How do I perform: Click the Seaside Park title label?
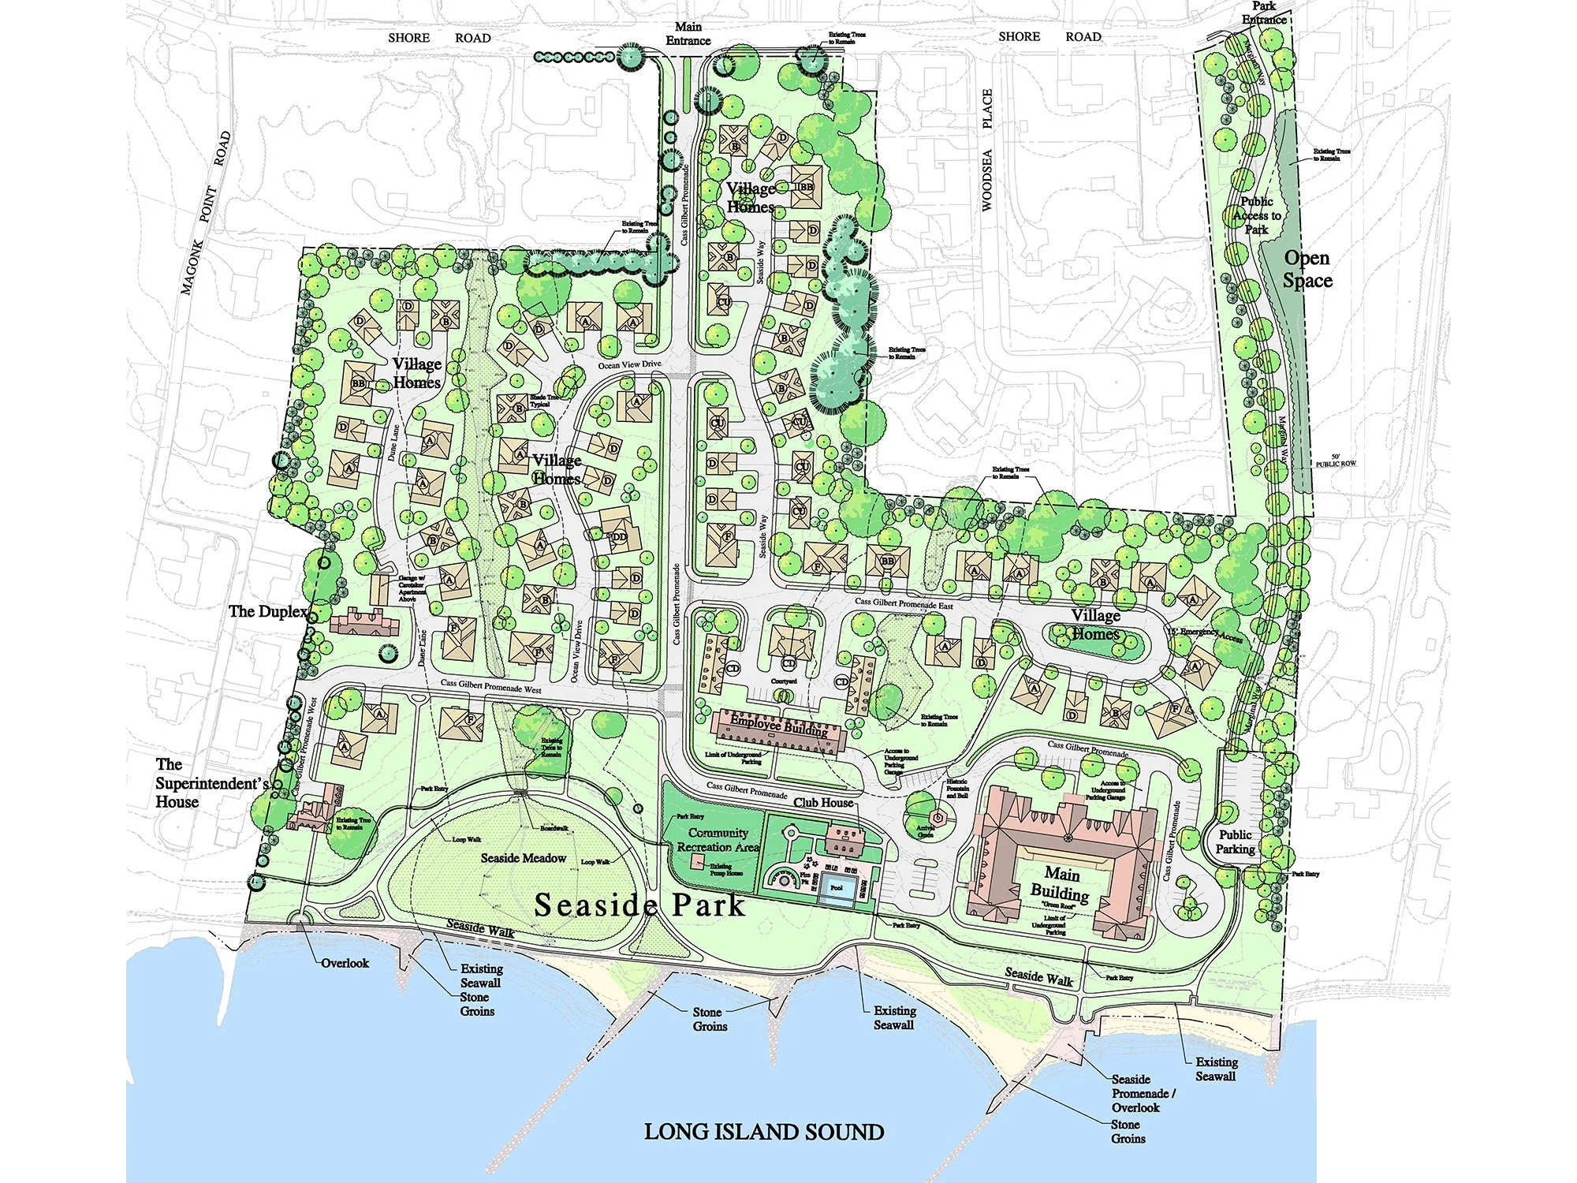pyautogui.click(x=639, y=905)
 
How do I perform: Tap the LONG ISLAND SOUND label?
pyautogui.click(x=763, y=1133)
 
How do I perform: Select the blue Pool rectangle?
pyautogui.click(x=837, y=889)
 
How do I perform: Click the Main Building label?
pyautogui.click(x=1061, y=884)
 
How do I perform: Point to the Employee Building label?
pyautogui.click(x=778, y=726)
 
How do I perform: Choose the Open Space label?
pyautogui.click(x=1307, y=269)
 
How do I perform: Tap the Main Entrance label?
pyautogui.click(x=688, y=34)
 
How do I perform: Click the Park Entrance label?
pyautogui.click(x=1264, y=13)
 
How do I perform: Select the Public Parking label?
pyautogui.click(x=1235, y=842)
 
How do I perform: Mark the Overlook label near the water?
pyautogui.click(x=345, y=963)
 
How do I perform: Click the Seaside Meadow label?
pyautogui.click(x=524, y=858)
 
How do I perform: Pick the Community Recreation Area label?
pyautogui.click(x=718, y=840)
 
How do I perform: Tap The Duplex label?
pyautogui.click(x=267, y=611)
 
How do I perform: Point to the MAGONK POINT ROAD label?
pyautogui.click(x=205, y=213)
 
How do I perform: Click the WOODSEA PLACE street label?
pyautogui.click(x=987, y=150)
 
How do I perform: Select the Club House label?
pyautogui.click(x=823, y=803)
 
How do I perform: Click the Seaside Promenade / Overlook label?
pyautogui.click(x=1143, y=1093)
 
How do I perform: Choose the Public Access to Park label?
pyautogui.click(x=1257, y=215)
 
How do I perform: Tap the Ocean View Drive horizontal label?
pyautogui.click(x=629, y=364)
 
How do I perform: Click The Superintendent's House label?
pyautogui.click(x=211, y=783)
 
